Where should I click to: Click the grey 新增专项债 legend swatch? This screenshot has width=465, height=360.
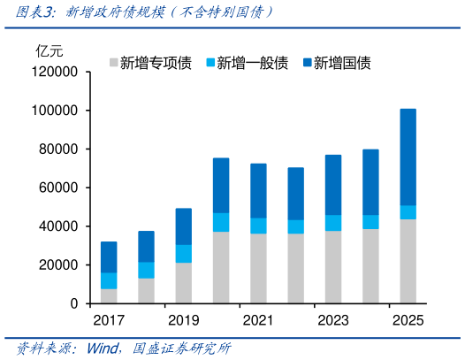[x=112, y=63]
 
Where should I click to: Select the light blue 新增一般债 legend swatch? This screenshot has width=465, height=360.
[x=210, y=63]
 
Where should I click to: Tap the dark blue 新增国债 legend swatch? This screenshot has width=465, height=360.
[x=307, y=63]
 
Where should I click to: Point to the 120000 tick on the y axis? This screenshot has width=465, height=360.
[x=57, y=72]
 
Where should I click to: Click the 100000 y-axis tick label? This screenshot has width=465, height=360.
[x=57, y=111]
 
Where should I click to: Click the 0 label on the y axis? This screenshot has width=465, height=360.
[x=75, y=303]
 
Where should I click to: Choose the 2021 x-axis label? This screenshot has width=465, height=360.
[x=258, y=320]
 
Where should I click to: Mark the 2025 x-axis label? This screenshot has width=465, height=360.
[x=408, y=320]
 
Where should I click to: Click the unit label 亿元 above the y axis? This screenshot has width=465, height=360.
[x=49, y=50]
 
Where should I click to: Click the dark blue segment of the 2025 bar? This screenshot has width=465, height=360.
[x=408, y=157]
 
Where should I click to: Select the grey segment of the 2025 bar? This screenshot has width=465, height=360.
[x=408, y=261]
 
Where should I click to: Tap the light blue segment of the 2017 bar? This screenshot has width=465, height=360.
[x=109, y=280]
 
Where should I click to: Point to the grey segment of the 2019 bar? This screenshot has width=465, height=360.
[x=183, y=283]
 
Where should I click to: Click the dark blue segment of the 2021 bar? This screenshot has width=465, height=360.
[x=258, y=190]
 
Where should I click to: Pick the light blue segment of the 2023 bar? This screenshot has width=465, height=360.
[x=332, y=223]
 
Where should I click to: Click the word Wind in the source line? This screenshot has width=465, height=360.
[x=103, y=348]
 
